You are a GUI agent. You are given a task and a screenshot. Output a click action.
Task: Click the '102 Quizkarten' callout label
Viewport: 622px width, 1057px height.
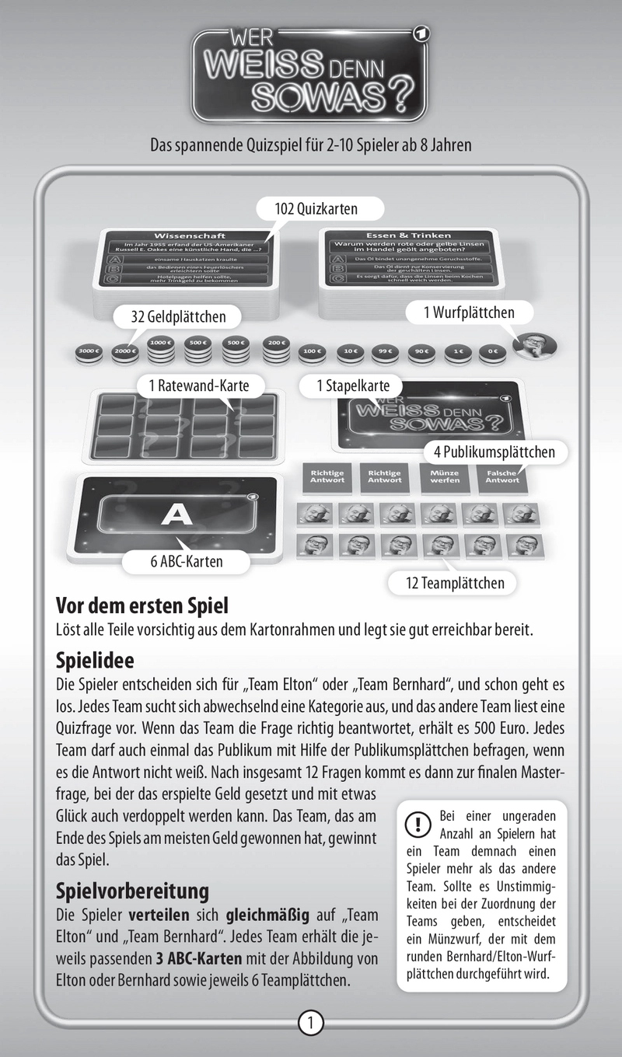click(x=316, y=208)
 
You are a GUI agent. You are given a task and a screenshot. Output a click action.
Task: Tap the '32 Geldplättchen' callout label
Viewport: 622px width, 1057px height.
click(x=178, y=316)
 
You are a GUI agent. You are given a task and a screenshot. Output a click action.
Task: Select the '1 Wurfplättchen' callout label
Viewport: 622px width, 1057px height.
click(x=468, y=312)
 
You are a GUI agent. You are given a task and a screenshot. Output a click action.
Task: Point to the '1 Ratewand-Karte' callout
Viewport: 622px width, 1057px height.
click(x=197, y=385)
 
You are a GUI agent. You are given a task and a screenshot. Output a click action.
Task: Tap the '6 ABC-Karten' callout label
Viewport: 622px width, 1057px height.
click(x=187, y=561)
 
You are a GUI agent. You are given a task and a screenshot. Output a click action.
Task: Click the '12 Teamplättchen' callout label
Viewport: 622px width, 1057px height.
click(x=456, y=582)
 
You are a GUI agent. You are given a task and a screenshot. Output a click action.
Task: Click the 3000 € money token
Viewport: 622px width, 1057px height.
click(x=89, y=352)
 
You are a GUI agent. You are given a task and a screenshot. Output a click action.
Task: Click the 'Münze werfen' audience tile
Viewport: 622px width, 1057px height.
click(x=442, y=476)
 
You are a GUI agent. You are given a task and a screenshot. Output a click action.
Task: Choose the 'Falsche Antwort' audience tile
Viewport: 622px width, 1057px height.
click(x=503, y=476)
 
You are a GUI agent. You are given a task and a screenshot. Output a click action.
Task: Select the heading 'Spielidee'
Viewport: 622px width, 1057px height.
click(x=96, y=661)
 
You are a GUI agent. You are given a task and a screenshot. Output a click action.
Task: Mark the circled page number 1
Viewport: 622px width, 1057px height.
click(x=310, y=1023)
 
